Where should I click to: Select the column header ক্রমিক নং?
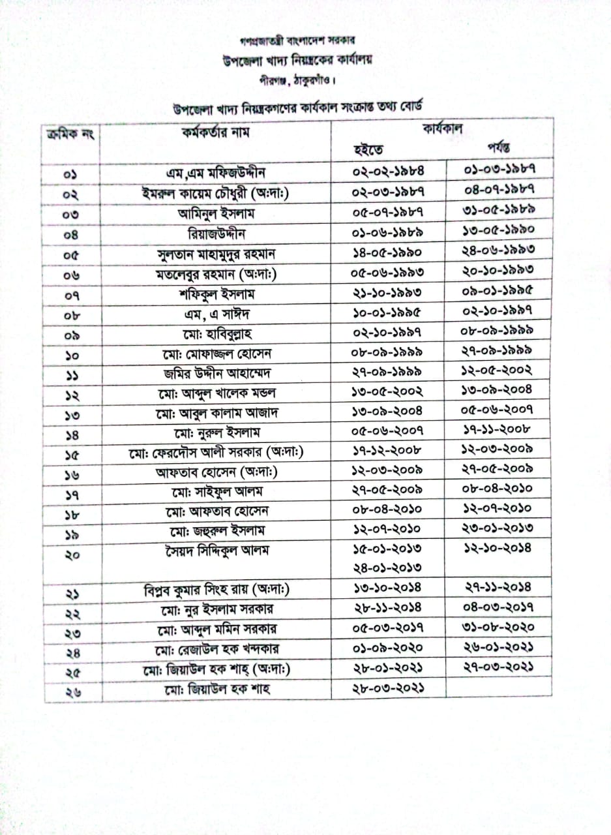tap(72, 134)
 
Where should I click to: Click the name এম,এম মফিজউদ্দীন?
tap(216, 174)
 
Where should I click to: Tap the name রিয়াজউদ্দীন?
tap(216, 232)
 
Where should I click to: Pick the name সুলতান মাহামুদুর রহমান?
tap(216, 252)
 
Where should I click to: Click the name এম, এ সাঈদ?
tap(216, 313)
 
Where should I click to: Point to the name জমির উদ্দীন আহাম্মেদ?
tap(216, 374)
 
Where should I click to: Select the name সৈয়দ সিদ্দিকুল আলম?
tap(216, 551)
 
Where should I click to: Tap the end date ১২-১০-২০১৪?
tap(498, 547)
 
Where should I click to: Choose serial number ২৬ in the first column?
tap(72, 690)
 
